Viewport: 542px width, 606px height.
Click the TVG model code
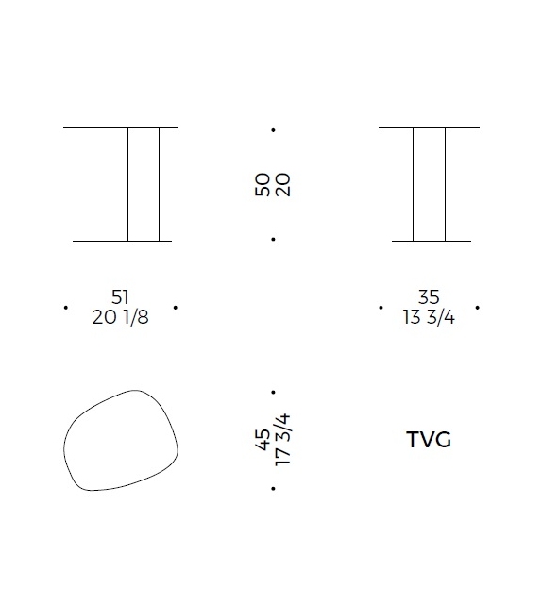pos(429,440)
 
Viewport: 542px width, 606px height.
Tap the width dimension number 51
pos(120,297)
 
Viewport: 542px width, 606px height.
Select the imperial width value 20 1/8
pos(120,317)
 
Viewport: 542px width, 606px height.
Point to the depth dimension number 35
pos(429,297)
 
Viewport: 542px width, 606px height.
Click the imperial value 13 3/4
pos(429,317)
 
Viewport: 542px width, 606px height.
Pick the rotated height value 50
pos(263,185)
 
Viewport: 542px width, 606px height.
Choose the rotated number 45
pos(263,440)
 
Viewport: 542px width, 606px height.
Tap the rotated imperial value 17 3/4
pos(282,440)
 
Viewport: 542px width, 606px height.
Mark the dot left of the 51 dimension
pos(66,308)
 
